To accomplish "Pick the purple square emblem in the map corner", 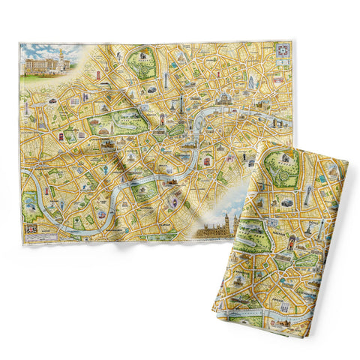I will point(283,50).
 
